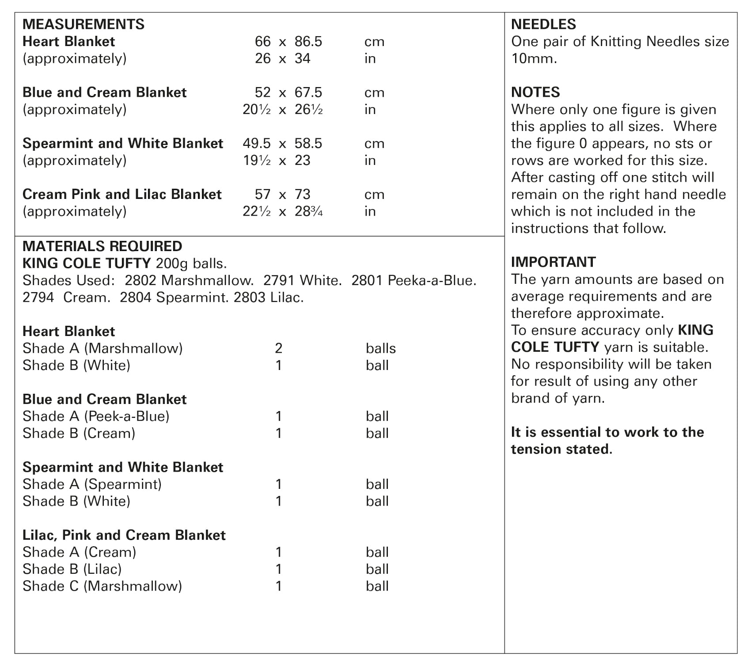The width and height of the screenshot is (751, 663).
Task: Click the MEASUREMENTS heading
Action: click(x=83, y=24)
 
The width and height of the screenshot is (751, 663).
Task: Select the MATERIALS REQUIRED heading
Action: click(x=102, y=246)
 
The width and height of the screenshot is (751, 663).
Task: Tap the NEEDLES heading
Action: click(x=543, y=24)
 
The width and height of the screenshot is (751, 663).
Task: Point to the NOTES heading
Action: click(x=535, y=92)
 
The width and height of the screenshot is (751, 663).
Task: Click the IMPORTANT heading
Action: click(x=554, y=262)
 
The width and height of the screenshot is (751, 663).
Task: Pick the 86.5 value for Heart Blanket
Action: click(x=308, y=42)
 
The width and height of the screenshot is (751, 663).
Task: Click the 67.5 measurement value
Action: click(x=308, y=92)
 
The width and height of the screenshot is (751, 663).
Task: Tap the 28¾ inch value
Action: click(x=308, y=211)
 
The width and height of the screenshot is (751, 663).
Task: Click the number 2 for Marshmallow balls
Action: click(x=278, y=348)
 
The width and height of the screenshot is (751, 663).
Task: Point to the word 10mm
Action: click(x=534, y=58)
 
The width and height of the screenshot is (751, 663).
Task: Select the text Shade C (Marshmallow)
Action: click(x=102, y=586)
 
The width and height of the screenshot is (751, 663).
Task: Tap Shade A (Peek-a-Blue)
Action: click(x=96, y=416)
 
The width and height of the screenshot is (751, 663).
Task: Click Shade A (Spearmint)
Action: click(x=92, y=484)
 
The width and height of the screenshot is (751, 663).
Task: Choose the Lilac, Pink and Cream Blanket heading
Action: click(x=124, y=535)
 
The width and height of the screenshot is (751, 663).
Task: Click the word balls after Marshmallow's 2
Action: click(x=380, y=348)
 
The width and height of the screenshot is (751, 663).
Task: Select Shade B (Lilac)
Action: click(x=72, y=569)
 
